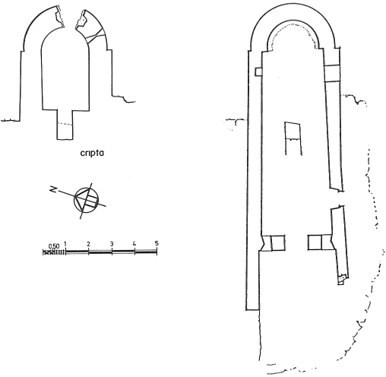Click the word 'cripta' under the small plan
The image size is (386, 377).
coord(92,154)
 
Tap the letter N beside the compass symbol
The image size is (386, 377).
coord(53,188)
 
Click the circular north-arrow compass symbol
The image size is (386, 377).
coord(86,200)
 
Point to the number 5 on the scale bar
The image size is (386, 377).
coord(157,243)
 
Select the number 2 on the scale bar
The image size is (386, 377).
coord(88,244)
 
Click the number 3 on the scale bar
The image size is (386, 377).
coord(112,244)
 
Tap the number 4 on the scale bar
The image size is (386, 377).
coord(134,244)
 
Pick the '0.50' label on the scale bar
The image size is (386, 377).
coord(54,246)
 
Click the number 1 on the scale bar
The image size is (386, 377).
coord(65,244)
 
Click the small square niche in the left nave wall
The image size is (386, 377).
coord(258,71)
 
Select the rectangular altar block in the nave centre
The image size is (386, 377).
coord(293,138)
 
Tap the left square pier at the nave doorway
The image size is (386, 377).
coord(278,243)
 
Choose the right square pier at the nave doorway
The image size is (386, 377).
coord(315,242)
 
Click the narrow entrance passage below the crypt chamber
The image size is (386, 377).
coord(65,125)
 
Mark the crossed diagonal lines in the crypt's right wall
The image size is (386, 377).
coord(96,36)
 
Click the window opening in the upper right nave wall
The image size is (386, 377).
coord(332,74)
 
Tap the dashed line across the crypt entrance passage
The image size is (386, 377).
coord(65,124)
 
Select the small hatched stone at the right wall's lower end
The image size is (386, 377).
coord(342,278)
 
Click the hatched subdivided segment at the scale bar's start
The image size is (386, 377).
coord(54,252)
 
